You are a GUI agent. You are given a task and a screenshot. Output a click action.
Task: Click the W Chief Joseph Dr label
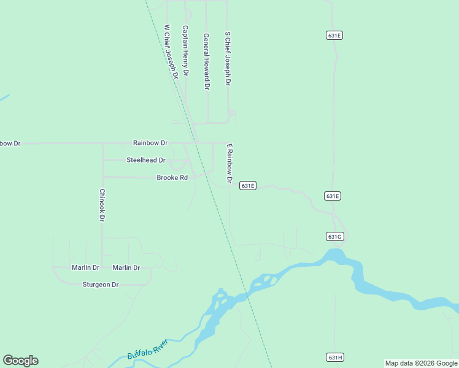[x=171, y=52]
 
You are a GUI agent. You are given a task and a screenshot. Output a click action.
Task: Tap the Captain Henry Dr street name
[x=185, y=50]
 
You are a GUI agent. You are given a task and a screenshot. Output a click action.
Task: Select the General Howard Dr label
[x=207, y=61]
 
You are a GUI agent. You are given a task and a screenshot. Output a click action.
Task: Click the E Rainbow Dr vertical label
[x=229, y=164]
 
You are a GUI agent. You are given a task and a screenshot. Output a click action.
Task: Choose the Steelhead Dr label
[x=146, y=160]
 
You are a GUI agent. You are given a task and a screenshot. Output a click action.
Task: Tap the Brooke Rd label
[x=172, y=177]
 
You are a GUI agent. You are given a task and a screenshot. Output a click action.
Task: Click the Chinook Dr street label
[x=102, y=205]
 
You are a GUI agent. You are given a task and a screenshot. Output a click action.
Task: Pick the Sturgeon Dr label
[x=101, y=285]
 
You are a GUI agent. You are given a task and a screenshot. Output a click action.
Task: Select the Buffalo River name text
[x=148, y=350]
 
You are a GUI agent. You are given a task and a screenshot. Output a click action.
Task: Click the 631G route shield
[x=334, y=236]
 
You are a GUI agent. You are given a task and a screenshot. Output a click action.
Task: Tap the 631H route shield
[x=334, y=357]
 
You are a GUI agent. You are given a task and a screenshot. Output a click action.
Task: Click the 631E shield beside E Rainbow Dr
[x=247, y=185]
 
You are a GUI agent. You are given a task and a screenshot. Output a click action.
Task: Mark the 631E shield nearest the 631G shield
[x=333, y=196]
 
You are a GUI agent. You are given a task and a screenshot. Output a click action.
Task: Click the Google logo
[x=20, y=361]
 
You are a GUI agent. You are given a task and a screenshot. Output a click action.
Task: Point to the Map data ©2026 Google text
[x=421, y=363]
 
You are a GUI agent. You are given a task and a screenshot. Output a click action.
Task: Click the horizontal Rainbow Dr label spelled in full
[x=150, y=143]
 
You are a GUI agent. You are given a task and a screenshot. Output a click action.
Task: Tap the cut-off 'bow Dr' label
[x=10, y=143]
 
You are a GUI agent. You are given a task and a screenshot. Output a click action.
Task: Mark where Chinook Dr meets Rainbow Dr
[x=102, y=144]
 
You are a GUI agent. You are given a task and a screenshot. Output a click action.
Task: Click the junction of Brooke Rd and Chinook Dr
[x=102, y=177]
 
